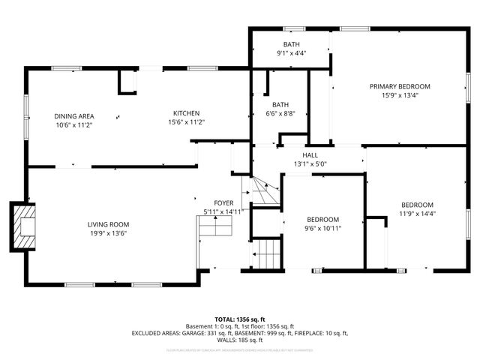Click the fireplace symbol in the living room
(x=22, y=224)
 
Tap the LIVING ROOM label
(x=109, y=224)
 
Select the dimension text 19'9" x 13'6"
(x=109, y=232)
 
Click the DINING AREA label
(x=73, y=116)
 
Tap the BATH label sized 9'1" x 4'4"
(x=291, y=45)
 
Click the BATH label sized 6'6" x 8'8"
(x=280, y=104)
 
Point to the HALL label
(x=310, y=155)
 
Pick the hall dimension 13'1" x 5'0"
(x=310, y=163)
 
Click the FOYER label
(x=223, y=203)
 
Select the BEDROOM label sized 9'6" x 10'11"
(x=322, y=219)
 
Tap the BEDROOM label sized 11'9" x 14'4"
(x=416, y=205)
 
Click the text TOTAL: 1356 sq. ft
(x=240, y=319)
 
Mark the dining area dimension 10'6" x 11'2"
(x=73, y=125)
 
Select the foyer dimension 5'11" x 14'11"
(x=223, y=212)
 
